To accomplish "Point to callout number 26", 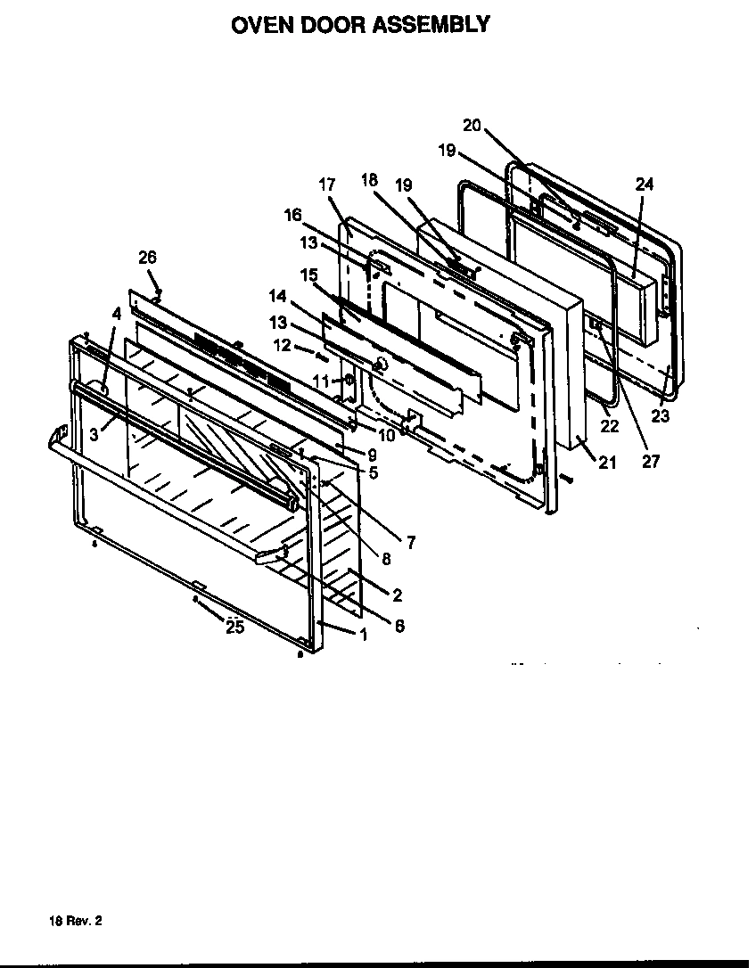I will [x=147, y=258].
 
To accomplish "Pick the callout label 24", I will [x=645, y=185].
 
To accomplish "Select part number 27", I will [x=652, y=462].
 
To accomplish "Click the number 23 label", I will [x=661, y=390].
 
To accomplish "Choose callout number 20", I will [x=472, y=126].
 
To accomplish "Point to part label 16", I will [x=293, y=215].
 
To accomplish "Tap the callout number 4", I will [x=116, y=313].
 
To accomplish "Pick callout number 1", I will [x=363, y=635].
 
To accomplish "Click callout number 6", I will [x=399, y=626].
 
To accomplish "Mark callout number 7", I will [x=410, y=541].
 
